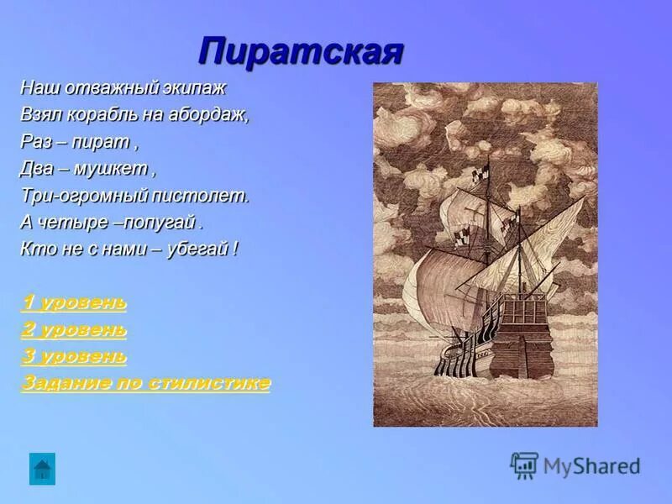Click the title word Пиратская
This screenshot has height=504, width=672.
tap(301, 52)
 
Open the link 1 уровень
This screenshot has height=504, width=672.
tap(74, 302)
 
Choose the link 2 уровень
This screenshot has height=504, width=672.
tap(74, 329)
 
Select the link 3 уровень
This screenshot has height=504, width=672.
tap(74, 356)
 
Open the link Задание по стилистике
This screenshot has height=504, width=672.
tap(145, 383)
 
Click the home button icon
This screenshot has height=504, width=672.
tap(42, 468)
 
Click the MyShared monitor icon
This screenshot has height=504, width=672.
tap(524, 465)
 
